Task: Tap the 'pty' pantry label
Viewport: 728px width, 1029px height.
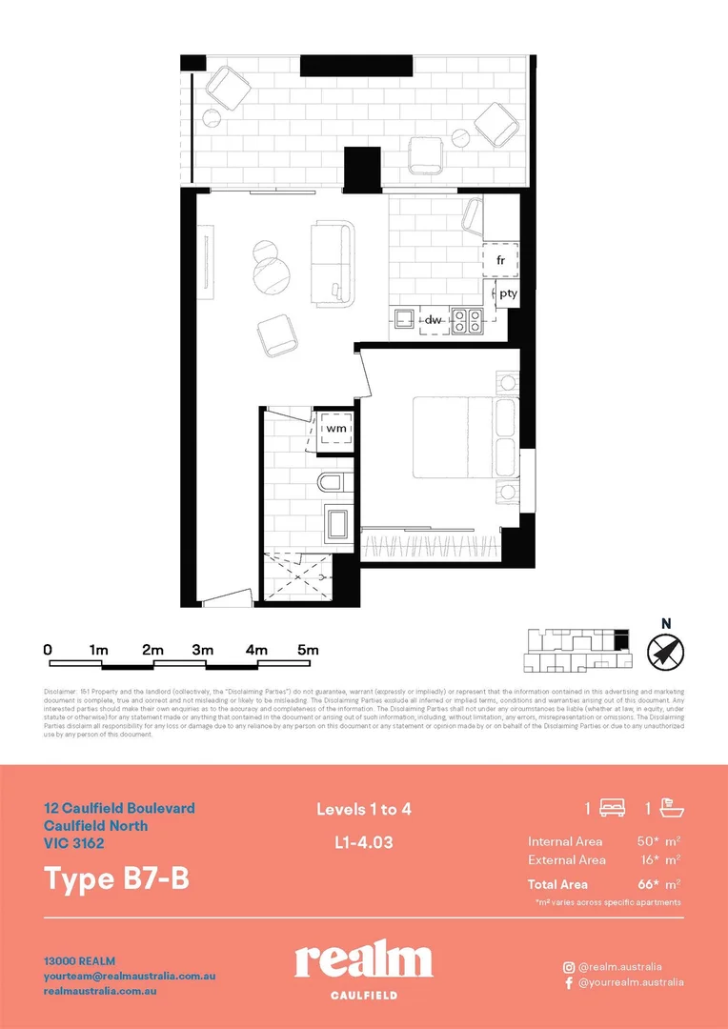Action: (508, 293)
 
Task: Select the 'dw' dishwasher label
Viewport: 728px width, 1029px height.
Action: (432, 320)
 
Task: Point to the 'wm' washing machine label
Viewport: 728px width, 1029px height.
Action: (334, 430)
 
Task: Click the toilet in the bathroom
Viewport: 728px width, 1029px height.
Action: (334, 483)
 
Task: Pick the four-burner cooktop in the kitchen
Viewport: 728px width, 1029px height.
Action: (466, 321)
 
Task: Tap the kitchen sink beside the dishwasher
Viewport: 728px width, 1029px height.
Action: (402, 320)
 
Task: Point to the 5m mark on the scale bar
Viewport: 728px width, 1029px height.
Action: (307, 649)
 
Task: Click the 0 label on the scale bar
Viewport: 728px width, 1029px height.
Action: (48, 649)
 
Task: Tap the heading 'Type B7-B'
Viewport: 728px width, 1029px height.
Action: (117, 878)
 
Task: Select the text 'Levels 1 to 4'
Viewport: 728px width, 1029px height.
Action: (364, 810)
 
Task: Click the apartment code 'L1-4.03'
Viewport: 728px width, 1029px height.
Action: (364, 842)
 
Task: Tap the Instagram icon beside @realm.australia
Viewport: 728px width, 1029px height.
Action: (569, 966)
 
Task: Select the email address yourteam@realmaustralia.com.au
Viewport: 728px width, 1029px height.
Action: (131, 977)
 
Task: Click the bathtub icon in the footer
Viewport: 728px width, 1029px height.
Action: (671, 809)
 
